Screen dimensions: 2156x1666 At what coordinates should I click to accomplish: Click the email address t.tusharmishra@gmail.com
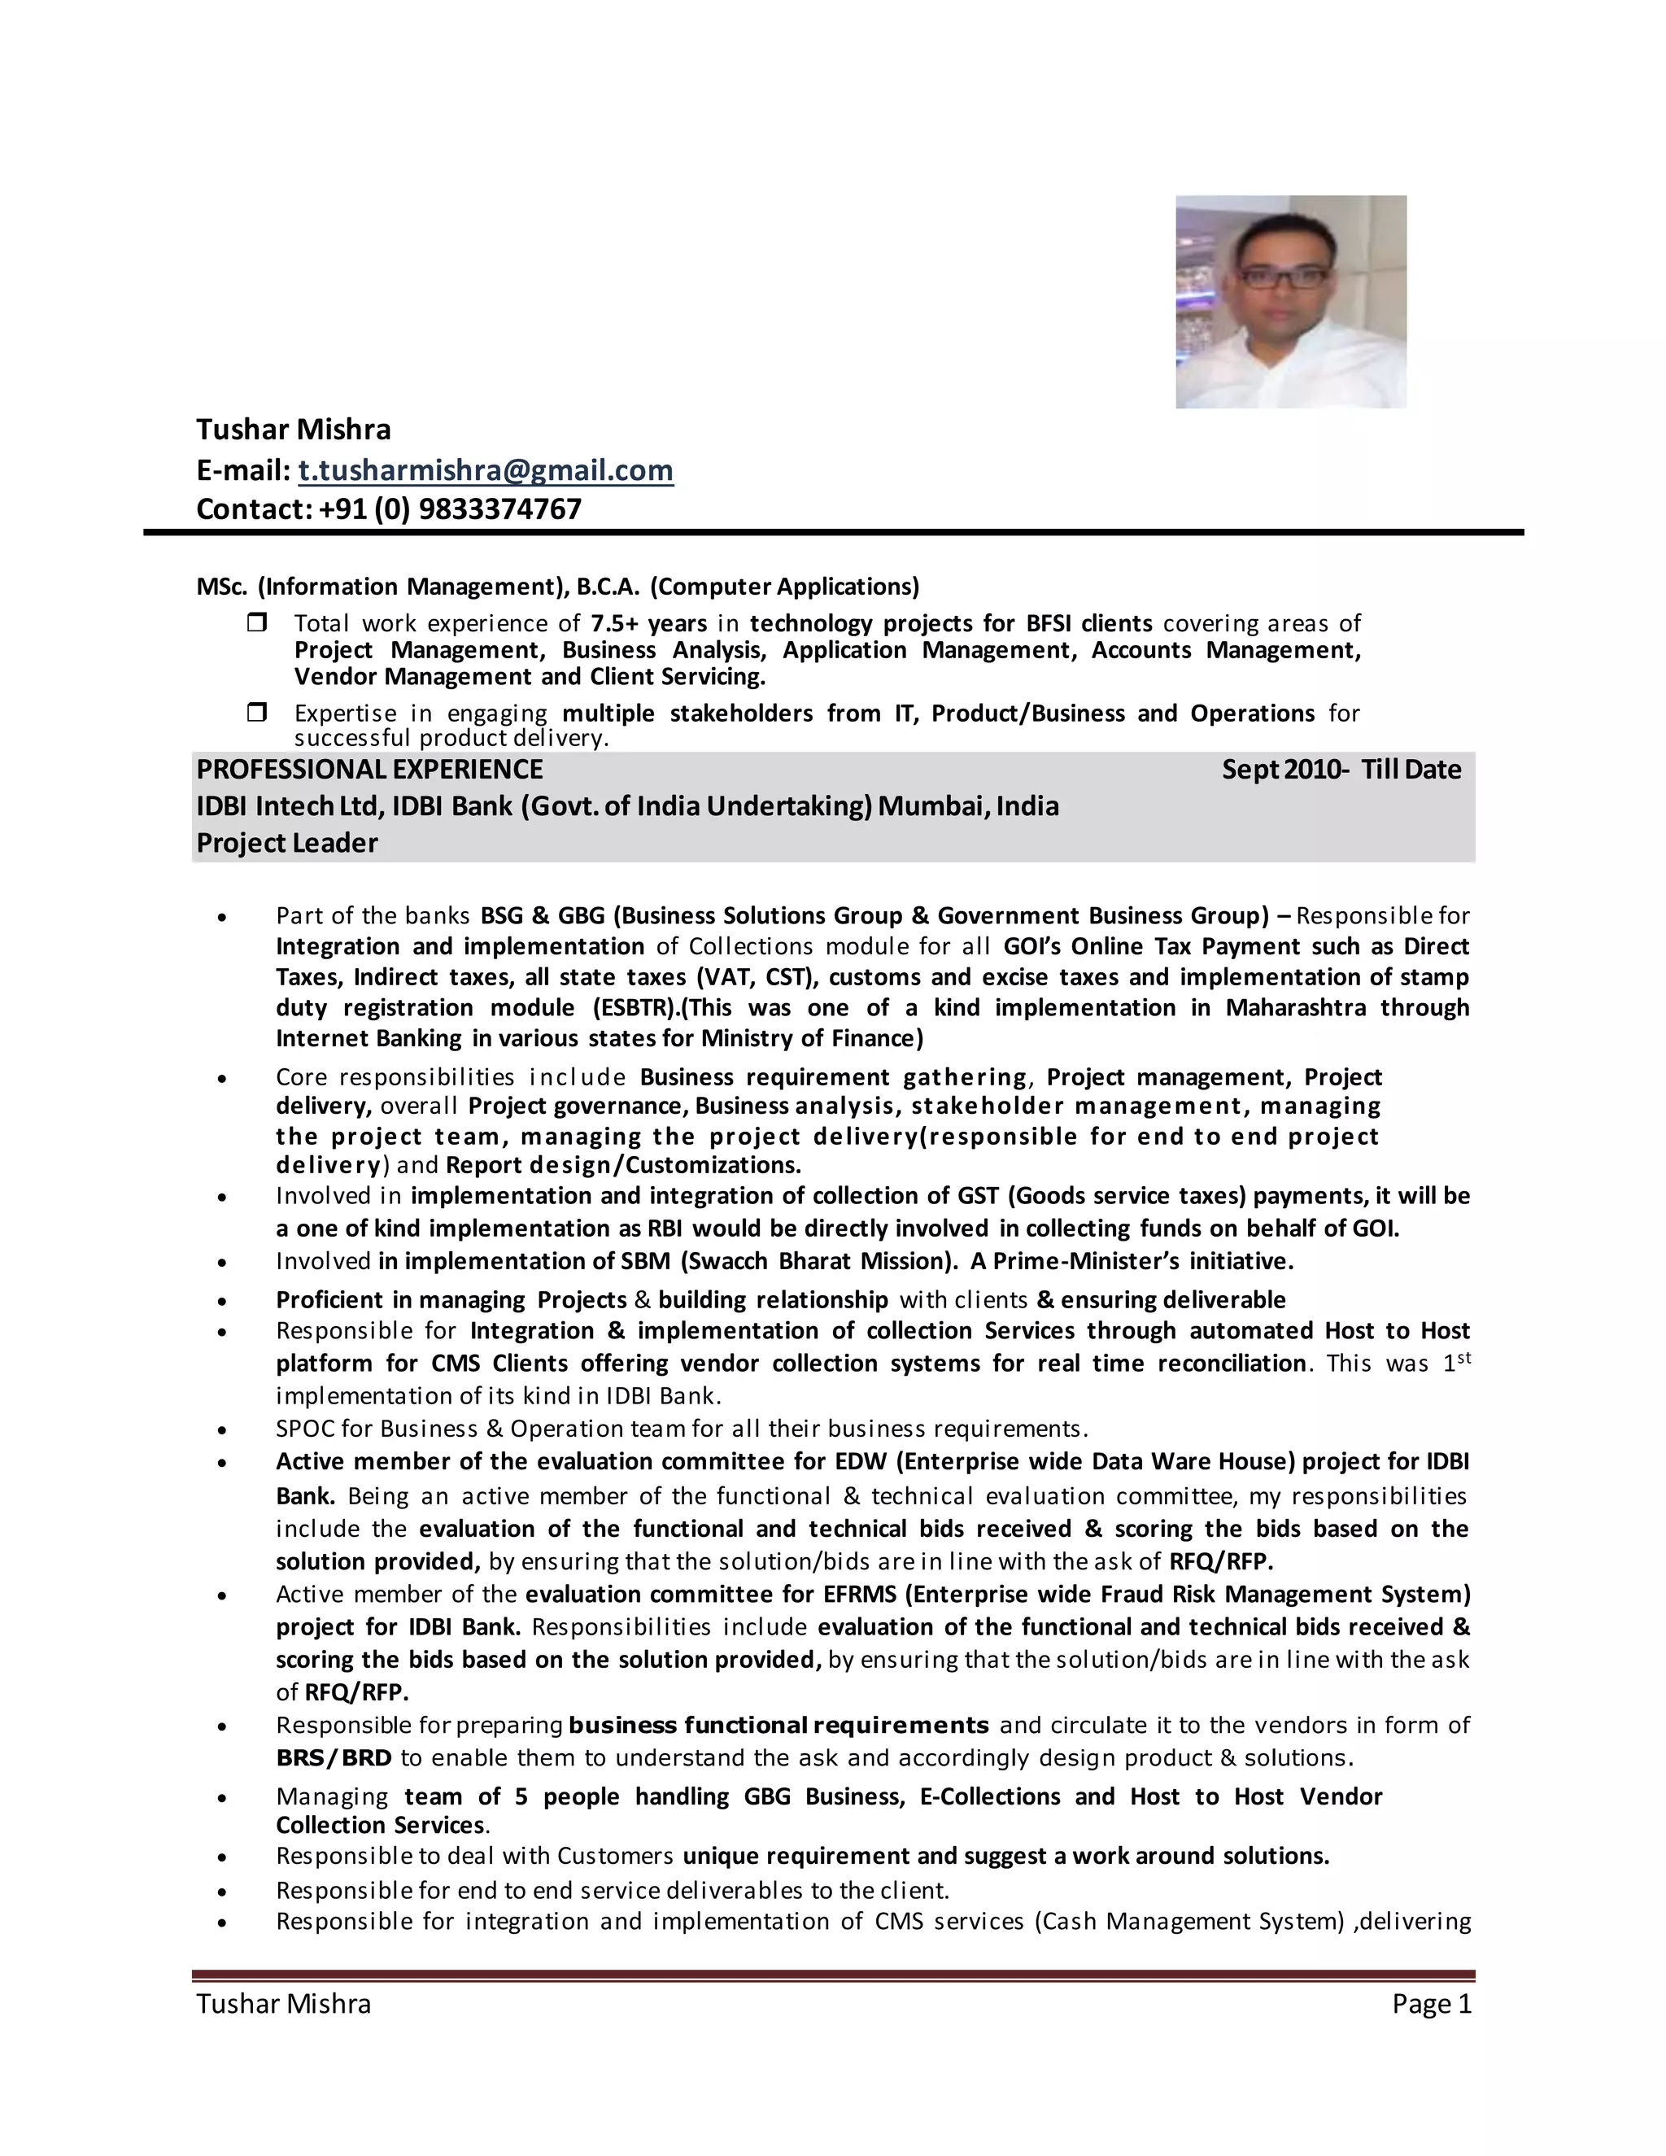486,470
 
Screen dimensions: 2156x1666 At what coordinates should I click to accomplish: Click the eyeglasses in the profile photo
1284,277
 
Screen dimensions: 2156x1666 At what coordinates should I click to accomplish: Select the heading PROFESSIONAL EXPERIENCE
369,769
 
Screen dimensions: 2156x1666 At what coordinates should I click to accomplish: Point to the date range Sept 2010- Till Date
1341,769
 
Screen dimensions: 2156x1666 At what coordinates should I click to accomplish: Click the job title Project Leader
286,843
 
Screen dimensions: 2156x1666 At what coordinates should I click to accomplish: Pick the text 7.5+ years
648,623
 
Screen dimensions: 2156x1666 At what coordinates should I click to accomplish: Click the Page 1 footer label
1431,2003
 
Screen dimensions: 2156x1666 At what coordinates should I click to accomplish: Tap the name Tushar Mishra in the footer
283,2003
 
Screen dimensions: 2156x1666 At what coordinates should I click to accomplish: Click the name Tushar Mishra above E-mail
293,430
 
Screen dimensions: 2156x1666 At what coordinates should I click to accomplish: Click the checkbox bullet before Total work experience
256,623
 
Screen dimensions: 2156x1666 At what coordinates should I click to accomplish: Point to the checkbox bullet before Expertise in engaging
256,712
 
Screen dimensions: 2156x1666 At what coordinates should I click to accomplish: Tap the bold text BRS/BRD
334,1758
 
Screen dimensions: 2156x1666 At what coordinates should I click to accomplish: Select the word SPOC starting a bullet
302,1429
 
